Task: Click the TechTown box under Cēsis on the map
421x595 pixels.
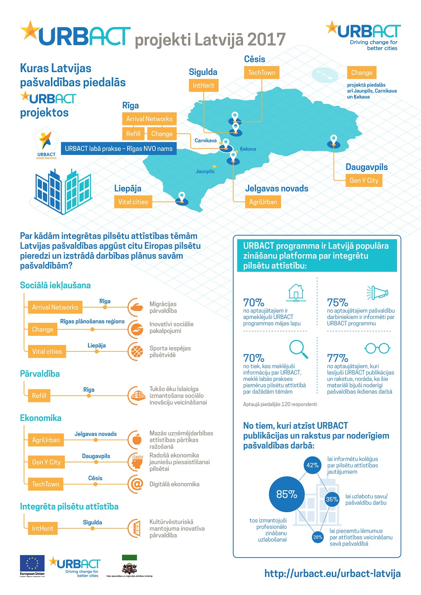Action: tap(261, 73)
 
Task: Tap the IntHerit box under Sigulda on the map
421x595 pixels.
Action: tap(203, 85)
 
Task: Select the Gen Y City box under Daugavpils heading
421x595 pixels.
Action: tap(364, 181)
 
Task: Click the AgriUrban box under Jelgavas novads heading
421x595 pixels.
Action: tap(263, 202)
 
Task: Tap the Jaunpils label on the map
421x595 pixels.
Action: tap(205, 171)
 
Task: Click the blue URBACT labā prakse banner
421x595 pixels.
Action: tap(118, 149)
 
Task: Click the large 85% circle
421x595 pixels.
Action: tap(287, 494)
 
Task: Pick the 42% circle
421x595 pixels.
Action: tap(312, 465)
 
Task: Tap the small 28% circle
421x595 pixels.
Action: tap(317, 537)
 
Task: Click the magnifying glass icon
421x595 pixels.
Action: tap(298, 349)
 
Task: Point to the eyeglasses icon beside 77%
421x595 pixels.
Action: tap(377, 348)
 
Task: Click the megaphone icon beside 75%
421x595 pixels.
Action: tap(378, 292)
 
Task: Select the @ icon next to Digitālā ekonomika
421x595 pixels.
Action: tap(136, 484)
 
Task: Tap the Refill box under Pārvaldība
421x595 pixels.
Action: tap(39, 396)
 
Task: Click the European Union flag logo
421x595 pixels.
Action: tap(32, 564)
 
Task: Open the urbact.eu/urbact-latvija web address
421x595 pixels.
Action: tap(332, 574)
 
